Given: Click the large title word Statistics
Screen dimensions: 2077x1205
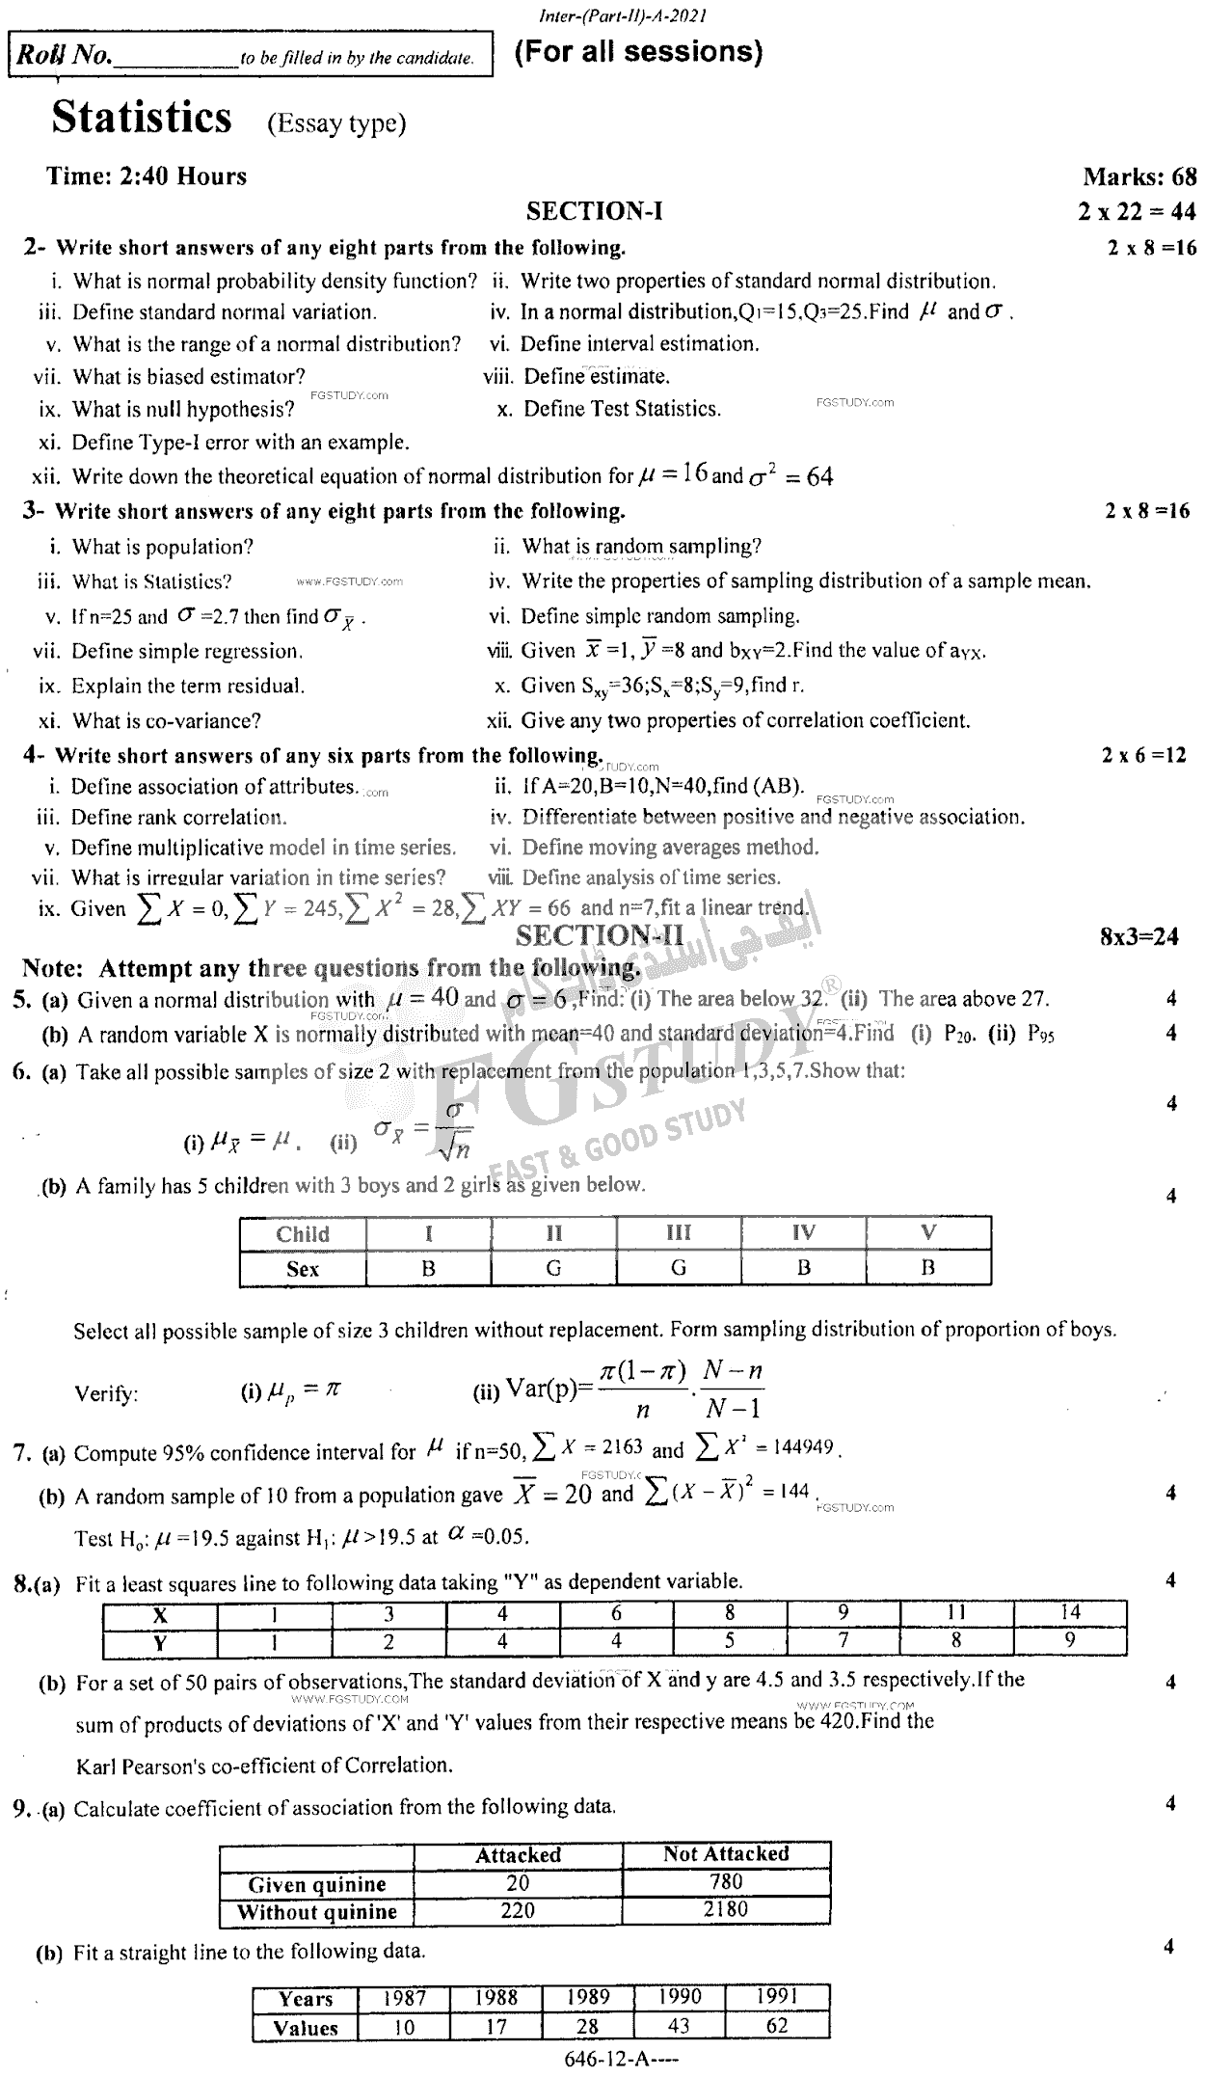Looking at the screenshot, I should pyautogui.click(x=142, y=118).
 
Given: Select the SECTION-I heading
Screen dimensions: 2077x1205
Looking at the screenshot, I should pyautogui.click(x=595, y=211).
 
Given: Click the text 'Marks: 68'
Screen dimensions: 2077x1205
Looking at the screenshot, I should pyautogui.click(x=1139, y=176).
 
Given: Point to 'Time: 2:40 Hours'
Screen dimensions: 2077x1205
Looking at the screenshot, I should pyautogui.click(x=147, y=176).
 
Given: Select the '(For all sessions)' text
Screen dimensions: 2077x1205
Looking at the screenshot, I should pyautogui.click(x=638, y=52).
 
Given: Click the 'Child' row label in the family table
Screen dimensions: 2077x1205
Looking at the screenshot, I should pyautogui.click(x=303, y=1234).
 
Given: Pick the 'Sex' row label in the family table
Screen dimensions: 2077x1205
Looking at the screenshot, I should pyautogui.click(x=303, y=1269).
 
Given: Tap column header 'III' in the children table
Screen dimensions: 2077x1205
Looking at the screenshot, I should pyautogui.click(x=679, y=1233).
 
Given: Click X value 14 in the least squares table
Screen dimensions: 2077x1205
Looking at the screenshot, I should pyautogui.click(x=1070, y=1611).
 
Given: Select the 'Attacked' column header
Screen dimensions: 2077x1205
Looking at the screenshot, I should pyautogui.click(x=518, y=1854).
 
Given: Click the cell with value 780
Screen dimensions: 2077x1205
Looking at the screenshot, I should pyautogui.click(x=726, y=1881).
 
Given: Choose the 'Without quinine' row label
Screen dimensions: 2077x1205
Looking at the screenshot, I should pyautogui.click(x=317, y=1911).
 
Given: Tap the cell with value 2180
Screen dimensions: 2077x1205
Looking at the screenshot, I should pyautogui.click(x=726, y=1909).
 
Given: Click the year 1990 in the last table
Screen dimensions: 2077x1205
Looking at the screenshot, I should pyautogui.click(x=679, y=1997).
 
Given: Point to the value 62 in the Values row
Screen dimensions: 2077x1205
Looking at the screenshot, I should pyautogui.click(x=777, y=2026).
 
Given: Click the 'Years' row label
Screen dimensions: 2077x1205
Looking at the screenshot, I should pyautogui.click(x=306, y=1999).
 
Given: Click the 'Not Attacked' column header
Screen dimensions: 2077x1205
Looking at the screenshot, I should pyautogui.click(x=726, y=1853).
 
